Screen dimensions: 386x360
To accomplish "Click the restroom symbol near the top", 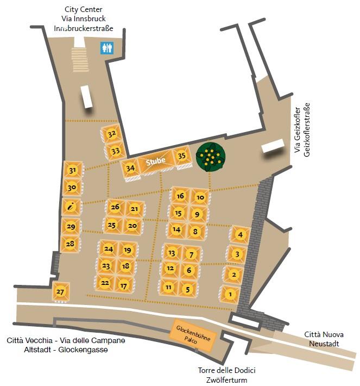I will tap(107, 48).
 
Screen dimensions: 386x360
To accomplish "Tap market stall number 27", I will tap(60, 292).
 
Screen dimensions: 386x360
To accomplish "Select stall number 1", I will tap(230, 294).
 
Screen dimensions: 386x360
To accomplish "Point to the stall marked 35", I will tap(182, 155).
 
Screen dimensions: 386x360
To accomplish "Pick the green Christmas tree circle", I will tap(210, 157).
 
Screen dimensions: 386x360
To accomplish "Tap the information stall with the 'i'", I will tap(72, 206).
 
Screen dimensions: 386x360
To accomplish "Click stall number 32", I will tap(112, 134).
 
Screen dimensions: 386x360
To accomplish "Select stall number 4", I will tap(239, 235).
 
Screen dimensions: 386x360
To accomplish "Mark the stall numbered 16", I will tap(181, 196).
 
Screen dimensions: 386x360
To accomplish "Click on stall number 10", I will tap(200, 197).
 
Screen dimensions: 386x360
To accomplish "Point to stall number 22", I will tap(105, 283).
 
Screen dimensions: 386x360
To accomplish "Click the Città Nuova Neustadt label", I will tap(324, 339).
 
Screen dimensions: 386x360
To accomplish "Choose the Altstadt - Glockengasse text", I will tap(57, 350).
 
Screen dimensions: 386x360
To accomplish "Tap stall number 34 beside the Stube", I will tap(130, 168).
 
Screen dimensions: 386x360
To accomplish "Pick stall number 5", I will tap(188, 289).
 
